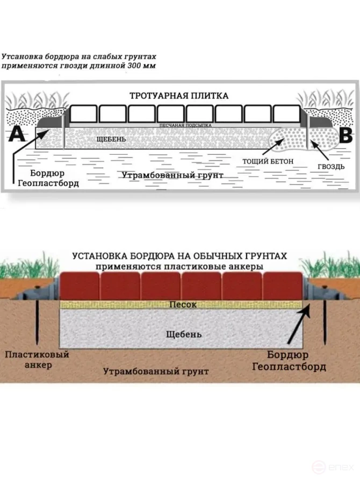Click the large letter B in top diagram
click(344, 134)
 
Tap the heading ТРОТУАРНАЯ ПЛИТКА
click(179, 96)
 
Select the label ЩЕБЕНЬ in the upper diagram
click(110, 139)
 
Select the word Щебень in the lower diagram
click(184, 334)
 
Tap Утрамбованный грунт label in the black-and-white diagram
click(172, 175)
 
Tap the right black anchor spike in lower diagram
click(326, 323)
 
